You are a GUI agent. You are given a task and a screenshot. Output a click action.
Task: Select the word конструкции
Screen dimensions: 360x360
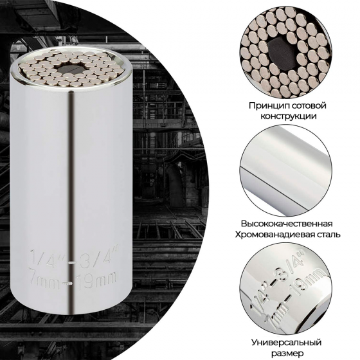(288, 116)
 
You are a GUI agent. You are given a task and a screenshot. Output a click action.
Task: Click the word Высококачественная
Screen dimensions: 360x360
(287, 224)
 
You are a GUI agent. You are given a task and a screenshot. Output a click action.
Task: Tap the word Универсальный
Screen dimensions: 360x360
(286, 343)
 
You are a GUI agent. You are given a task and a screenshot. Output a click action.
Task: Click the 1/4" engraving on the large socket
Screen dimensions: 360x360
(48, 258)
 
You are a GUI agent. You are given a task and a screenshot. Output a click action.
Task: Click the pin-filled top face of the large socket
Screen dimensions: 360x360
(71, 68)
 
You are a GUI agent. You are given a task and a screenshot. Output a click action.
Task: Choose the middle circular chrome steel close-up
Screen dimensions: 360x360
(286, 170)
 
